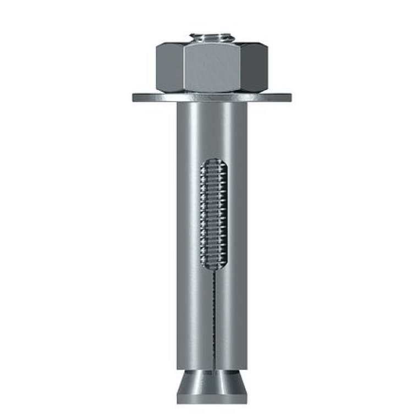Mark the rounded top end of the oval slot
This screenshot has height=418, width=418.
pos(212,161)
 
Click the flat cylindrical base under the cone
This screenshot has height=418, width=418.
pos(212,397)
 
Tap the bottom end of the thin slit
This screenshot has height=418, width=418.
pos(212,367)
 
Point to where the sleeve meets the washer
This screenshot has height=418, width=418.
pos(212,104)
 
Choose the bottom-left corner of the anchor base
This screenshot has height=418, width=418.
pos(178,403)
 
